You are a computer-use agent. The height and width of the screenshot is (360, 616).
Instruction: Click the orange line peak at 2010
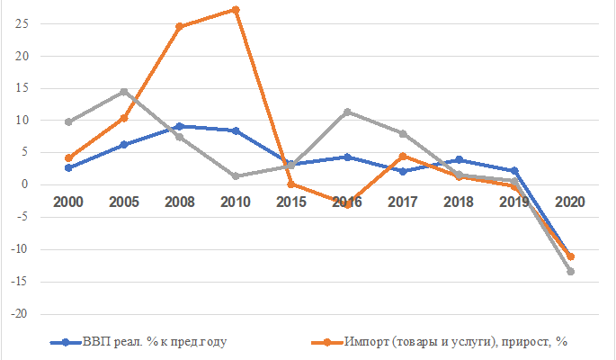[235, 10]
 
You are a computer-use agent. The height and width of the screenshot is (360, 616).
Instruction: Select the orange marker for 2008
[179, 26]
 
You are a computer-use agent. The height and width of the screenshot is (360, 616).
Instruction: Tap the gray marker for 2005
[124, 92]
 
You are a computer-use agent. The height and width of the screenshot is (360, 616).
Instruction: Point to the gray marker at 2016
[346, 112]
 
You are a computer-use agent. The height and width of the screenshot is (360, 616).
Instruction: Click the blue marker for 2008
[179, 126]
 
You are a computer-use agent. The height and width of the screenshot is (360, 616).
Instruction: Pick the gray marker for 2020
[570, 271]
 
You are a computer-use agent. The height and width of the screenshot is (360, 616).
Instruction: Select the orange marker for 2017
[402, 156]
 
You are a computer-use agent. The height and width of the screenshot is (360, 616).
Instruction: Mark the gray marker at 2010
[235, 176]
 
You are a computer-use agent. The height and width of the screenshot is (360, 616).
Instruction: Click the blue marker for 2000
[68, 167]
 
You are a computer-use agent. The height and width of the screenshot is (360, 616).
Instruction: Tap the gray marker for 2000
[68, 121]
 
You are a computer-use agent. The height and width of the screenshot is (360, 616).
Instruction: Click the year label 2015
[290, 202]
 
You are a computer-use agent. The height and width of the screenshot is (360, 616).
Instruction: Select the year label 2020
[570, 202]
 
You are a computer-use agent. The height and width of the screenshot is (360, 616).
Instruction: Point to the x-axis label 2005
[124, 202]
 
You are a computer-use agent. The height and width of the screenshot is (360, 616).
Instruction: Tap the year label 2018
[459, 202]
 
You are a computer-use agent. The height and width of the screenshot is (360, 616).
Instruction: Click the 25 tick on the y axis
[22, 23]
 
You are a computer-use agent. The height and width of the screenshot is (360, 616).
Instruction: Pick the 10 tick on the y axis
[22, 121]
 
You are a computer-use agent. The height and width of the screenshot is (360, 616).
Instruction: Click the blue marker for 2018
[459, 159]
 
